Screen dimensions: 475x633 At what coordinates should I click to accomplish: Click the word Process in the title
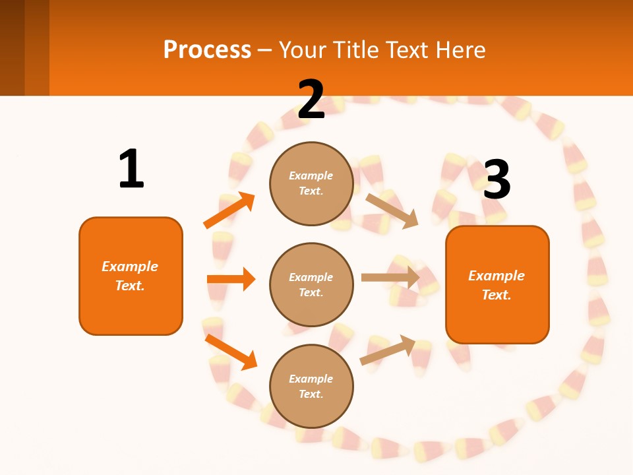coord(207,49)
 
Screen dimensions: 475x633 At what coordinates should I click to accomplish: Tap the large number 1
coord(131,170)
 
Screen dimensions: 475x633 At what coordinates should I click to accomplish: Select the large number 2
coord(311,100)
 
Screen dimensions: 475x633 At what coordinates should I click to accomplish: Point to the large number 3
coord(497,180)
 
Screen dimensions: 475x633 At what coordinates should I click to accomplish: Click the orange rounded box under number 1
coord(131,276)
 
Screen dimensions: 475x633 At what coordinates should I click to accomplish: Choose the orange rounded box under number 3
coord(497,285)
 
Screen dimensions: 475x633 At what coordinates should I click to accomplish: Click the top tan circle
coord(311,183)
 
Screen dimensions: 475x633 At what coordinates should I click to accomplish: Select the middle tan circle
coord(311,284)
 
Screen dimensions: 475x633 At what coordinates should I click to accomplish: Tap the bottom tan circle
coord(311,386)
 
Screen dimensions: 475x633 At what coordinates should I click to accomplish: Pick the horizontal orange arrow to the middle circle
coord(231,279)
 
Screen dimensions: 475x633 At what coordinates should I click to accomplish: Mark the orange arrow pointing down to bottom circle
coord(231,352)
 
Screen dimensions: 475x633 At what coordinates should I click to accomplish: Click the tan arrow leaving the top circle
coord(392,210)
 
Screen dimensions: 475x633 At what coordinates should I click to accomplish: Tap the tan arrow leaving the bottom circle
coord(388,350)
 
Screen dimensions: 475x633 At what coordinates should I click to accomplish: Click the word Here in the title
coord(460,49)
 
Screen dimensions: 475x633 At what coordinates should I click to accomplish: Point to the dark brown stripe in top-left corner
coord(12,47)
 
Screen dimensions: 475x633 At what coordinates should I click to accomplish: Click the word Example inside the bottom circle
coord(311,379)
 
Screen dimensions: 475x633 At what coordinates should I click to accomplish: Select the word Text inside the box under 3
coord(497,295)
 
